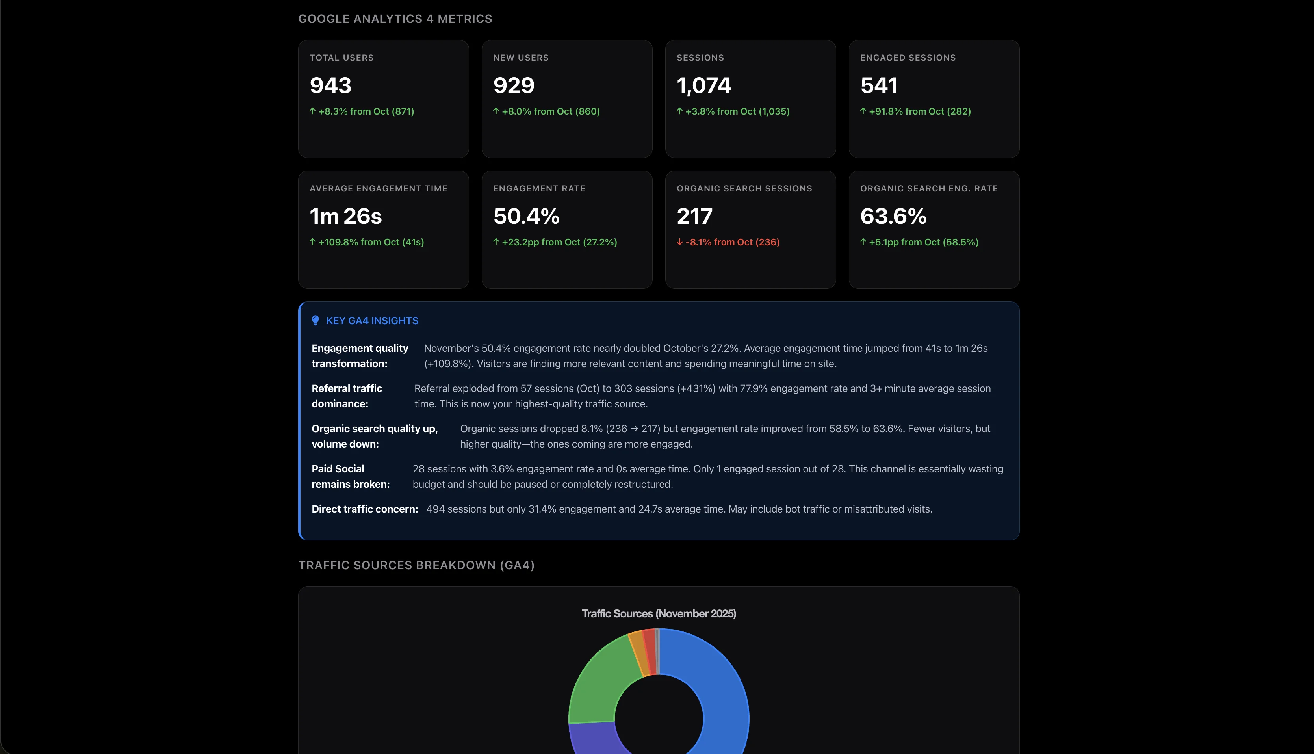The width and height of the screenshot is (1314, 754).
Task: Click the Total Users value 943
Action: click(330, 85)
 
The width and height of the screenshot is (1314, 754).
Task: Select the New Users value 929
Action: click(514, 85)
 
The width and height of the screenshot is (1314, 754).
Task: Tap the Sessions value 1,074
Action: click(703, 85)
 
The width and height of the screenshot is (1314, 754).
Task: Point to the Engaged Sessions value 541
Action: click(879, 85)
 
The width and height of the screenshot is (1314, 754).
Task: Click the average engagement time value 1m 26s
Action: click(345, 216)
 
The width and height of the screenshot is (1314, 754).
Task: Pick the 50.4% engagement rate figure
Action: click(526, 216)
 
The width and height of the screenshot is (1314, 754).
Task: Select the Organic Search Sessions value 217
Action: click(694, 216)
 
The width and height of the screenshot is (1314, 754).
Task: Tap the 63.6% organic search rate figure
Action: click(893, 216)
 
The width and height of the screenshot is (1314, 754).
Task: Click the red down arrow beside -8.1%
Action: click(680, 242)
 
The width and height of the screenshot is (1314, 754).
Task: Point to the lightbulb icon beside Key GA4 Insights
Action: click(315, 321)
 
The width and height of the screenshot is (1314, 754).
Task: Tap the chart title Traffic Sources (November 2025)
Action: click(659, 614)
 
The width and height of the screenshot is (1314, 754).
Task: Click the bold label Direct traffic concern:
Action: click(364, 509)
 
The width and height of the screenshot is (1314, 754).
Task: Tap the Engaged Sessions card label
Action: click(908, 58)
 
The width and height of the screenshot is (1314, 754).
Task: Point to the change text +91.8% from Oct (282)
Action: click(919, 111)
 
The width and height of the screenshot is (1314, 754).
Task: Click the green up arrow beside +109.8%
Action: click(312, 242)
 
